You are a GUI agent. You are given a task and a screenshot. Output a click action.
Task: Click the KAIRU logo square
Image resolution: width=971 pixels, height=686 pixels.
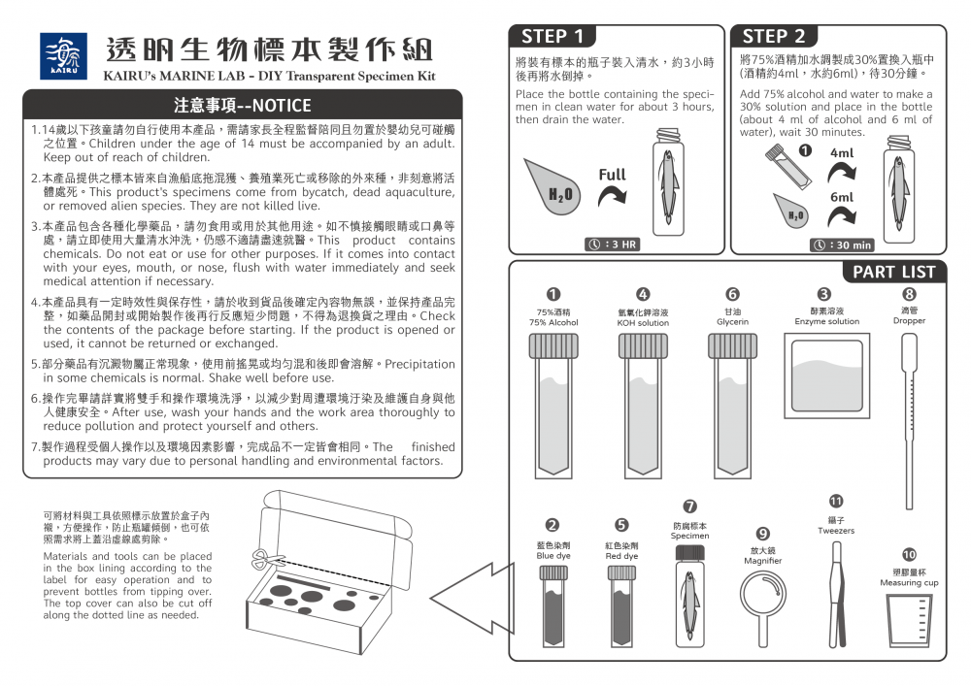tap(63, 56)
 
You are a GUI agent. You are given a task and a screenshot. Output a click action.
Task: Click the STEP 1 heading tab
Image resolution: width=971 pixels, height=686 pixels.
tap(552, 37)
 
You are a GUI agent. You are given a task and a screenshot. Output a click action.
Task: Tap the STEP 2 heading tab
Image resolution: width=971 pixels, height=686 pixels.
tap(774, 37)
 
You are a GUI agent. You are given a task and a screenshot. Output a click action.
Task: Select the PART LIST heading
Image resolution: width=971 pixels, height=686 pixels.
tap(893, 273)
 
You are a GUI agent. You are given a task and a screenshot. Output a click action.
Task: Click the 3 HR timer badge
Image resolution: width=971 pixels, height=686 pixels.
tap(613, 245)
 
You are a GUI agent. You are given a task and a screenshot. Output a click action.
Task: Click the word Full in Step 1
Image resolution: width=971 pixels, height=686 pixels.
tap(613, 175)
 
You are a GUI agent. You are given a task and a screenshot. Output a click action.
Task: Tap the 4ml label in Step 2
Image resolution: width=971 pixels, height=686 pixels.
tap(842, 152)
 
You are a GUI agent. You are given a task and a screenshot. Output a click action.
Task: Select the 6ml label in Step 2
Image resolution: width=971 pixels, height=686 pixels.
tap(842, 197)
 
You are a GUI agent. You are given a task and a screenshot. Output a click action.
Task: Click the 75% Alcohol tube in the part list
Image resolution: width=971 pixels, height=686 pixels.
tap(553, 406)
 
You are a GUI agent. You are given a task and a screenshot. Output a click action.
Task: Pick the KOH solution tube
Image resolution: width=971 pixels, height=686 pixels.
tap(644, 406)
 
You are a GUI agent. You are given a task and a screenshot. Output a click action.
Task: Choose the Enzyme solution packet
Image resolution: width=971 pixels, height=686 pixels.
tap(826, 376)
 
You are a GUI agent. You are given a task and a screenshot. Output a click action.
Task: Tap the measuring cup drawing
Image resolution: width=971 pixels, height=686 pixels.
tap(909, 621)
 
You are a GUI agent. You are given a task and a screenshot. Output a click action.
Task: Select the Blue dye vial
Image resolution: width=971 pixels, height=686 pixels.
tap(553, 606)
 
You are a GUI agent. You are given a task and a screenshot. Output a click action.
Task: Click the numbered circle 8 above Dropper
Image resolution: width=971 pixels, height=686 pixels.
tap(909, 294)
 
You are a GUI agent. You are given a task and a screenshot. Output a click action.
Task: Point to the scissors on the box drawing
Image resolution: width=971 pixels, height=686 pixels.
tap(264, 559)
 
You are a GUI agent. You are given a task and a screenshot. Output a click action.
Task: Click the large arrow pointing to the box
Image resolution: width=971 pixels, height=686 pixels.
tap(472, 598)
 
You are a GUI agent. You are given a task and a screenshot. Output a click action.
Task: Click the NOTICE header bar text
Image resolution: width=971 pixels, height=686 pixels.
tap(242, 105)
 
